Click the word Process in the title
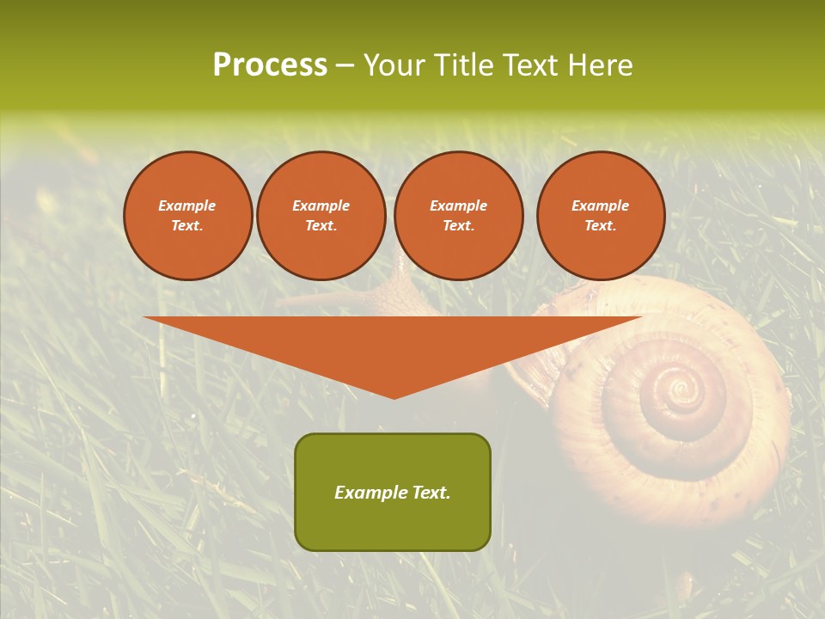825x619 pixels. [x=270, y=65]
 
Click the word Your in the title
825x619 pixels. [x=395, y=65]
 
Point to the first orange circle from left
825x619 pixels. [x=187, y=216]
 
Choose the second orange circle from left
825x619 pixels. [x=321, y=216]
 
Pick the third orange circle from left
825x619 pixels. [x=459, y=216]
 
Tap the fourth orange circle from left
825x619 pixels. [x=601, y=216]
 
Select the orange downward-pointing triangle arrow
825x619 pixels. [x=393, y=344]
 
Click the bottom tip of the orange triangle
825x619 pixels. [x=394, y=396]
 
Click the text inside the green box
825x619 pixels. [x=393, y=493]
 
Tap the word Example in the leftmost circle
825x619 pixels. [x=187, y=205]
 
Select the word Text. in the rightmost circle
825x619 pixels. [x=601, y=226]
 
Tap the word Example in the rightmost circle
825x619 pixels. [x=601, y=205]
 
